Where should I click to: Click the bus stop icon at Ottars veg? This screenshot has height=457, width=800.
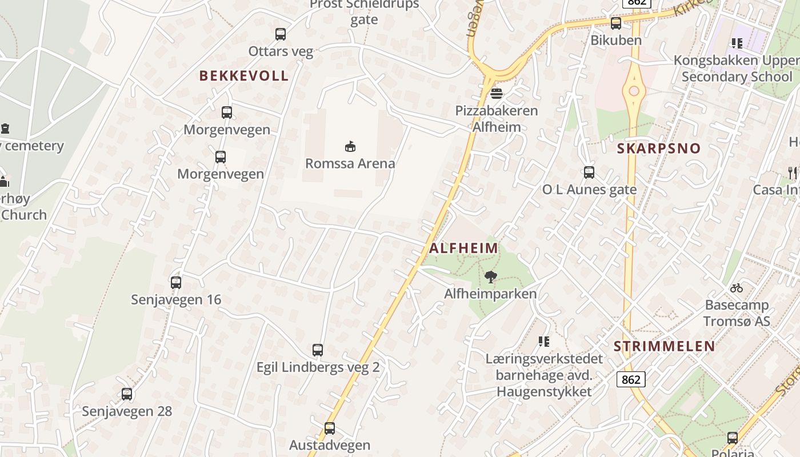[x=280, y=34]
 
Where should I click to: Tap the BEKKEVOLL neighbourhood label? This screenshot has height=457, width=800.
[x=244, y=75]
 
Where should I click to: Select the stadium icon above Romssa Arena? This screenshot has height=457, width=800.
[x=350, y=146]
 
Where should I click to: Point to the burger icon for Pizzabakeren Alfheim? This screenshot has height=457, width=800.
[x=496, y=93]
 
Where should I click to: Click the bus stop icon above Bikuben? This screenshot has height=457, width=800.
[x=615, y=23]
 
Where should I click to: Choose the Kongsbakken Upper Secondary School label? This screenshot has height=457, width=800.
[x=736, y=69]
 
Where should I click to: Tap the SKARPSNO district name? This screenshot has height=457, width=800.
[x=658, y=149]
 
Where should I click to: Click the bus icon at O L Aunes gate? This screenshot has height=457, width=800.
[x=589, y=172]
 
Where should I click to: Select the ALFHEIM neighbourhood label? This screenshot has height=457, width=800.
[x=463, y=248]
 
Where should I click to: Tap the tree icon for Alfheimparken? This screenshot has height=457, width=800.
[x=490, y=277]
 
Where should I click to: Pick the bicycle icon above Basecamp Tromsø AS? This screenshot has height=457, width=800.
[x=736, y=288]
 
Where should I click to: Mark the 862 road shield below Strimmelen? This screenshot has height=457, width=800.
[x=631, y=379]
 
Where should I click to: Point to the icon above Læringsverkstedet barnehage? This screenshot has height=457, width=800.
[x=544, y=342]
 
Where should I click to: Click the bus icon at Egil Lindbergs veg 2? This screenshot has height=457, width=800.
[x=318, y=350]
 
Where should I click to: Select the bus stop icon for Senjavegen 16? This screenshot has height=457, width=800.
[x=176, y=282]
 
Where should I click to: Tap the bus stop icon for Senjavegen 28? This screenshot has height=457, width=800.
[x=127, y=394]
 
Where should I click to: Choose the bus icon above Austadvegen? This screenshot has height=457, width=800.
[x=330, y=428]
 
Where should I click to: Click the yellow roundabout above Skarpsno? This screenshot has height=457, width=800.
[x=633, y=91]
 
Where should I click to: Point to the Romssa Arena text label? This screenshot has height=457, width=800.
[x=350, y=163]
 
